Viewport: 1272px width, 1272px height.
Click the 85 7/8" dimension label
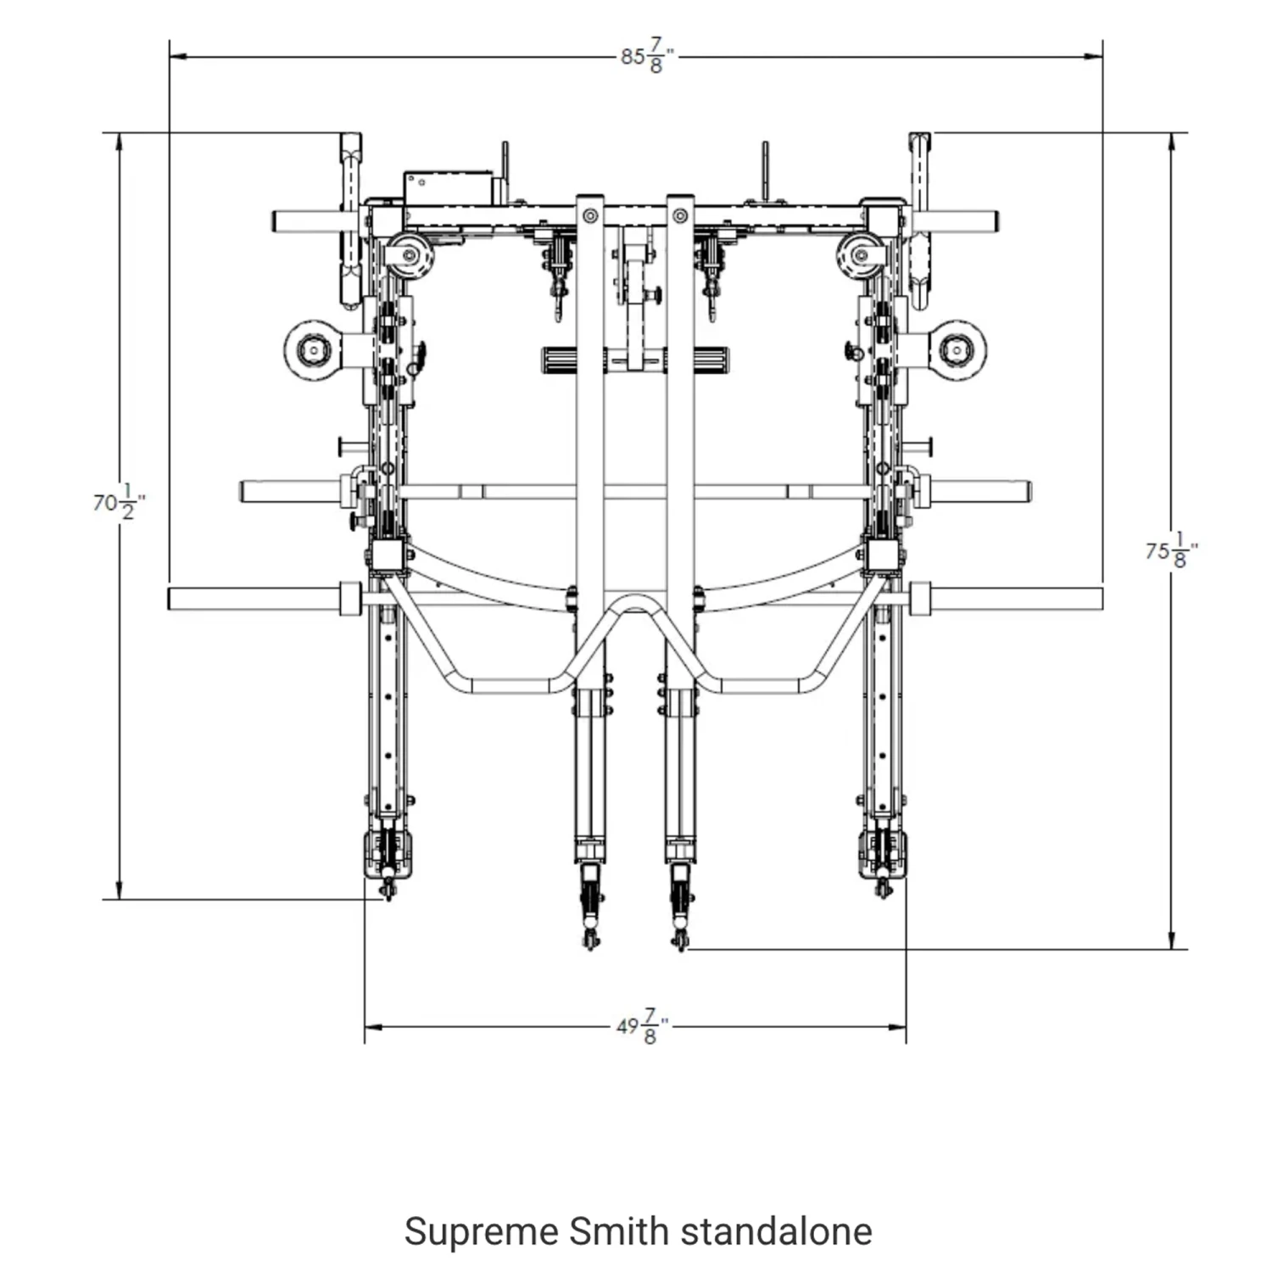pos(647,57)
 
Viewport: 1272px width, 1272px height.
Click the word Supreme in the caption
pos(481,1231)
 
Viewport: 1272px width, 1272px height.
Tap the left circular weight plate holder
pos(315,350)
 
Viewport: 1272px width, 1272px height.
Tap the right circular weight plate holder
pos(957,350)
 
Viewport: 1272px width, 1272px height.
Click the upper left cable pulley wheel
pos(409,254)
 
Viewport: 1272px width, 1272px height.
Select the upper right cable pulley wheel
pos(862,254)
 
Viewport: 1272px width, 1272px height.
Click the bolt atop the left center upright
pos(589,216)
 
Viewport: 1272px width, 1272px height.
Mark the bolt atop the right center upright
pos(680,216)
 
